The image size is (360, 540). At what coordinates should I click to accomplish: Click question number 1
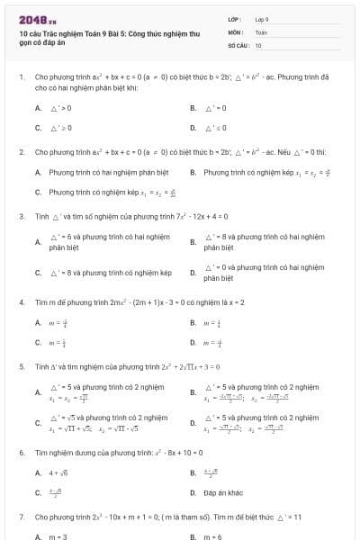21,78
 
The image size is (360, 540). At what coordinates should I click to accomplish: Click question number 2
21,152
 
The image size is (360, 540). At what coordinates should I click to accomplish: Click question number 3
21,216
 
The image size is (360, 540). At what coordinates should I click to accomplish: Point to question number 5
21,367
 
